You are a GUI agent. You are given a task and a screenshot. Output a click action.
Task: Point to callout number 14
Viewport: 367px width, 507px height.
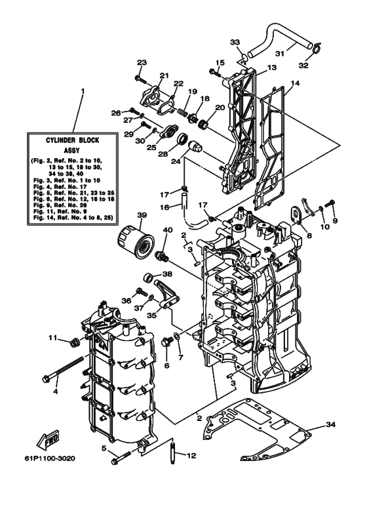point(295,84)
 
